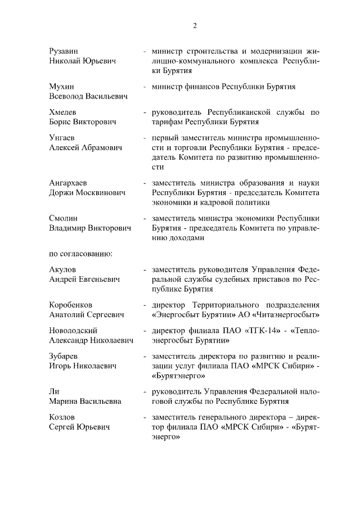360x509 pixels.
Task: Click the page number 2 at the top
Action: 195,26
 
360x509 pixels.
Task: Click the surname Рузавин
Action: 65,51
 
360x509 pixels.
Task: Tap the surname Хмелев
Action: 64,112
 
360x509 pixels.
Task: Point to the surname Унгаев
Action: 63,138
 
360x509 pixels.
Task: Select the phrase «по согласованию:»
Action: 82,253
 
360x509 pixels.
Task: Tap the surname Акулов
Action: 63,270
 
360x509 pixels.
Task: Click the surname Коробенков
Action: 71,305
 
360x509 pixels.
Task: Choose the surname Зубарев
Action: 65,357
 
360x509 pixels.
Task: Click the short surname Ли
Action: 55,391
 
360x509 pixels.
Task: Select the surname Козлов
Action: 62,418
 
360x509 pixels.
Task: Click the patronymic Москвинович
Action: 105,193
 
